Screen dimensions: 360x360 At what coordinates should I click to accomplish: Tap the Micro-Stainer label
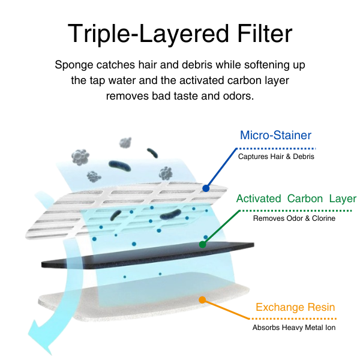click(275, 135)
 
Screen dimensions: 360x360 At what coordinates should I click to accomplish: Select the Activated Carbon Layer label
click(296, 199)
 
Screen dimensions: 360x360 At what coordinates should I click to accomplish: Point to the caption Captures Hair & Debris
click(275, 157)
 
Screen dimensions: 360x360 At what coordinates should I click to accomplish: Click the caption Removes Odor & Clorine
click(294, 218)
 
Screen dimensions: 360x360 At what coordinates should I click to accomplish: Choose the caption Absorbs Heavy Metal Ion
click(294, 328)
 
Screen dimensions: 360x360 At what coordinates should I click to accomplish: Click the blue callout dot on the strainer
click(206, 188)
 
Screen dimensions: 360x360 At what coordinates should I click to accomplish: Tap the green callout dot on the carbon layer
click(203, 244)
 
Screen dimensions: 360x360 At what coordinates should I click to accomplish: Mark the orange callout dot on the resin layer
click(202, 299)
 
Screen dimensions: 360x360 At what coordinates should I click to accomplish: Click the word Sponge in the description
click(74, 65)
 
